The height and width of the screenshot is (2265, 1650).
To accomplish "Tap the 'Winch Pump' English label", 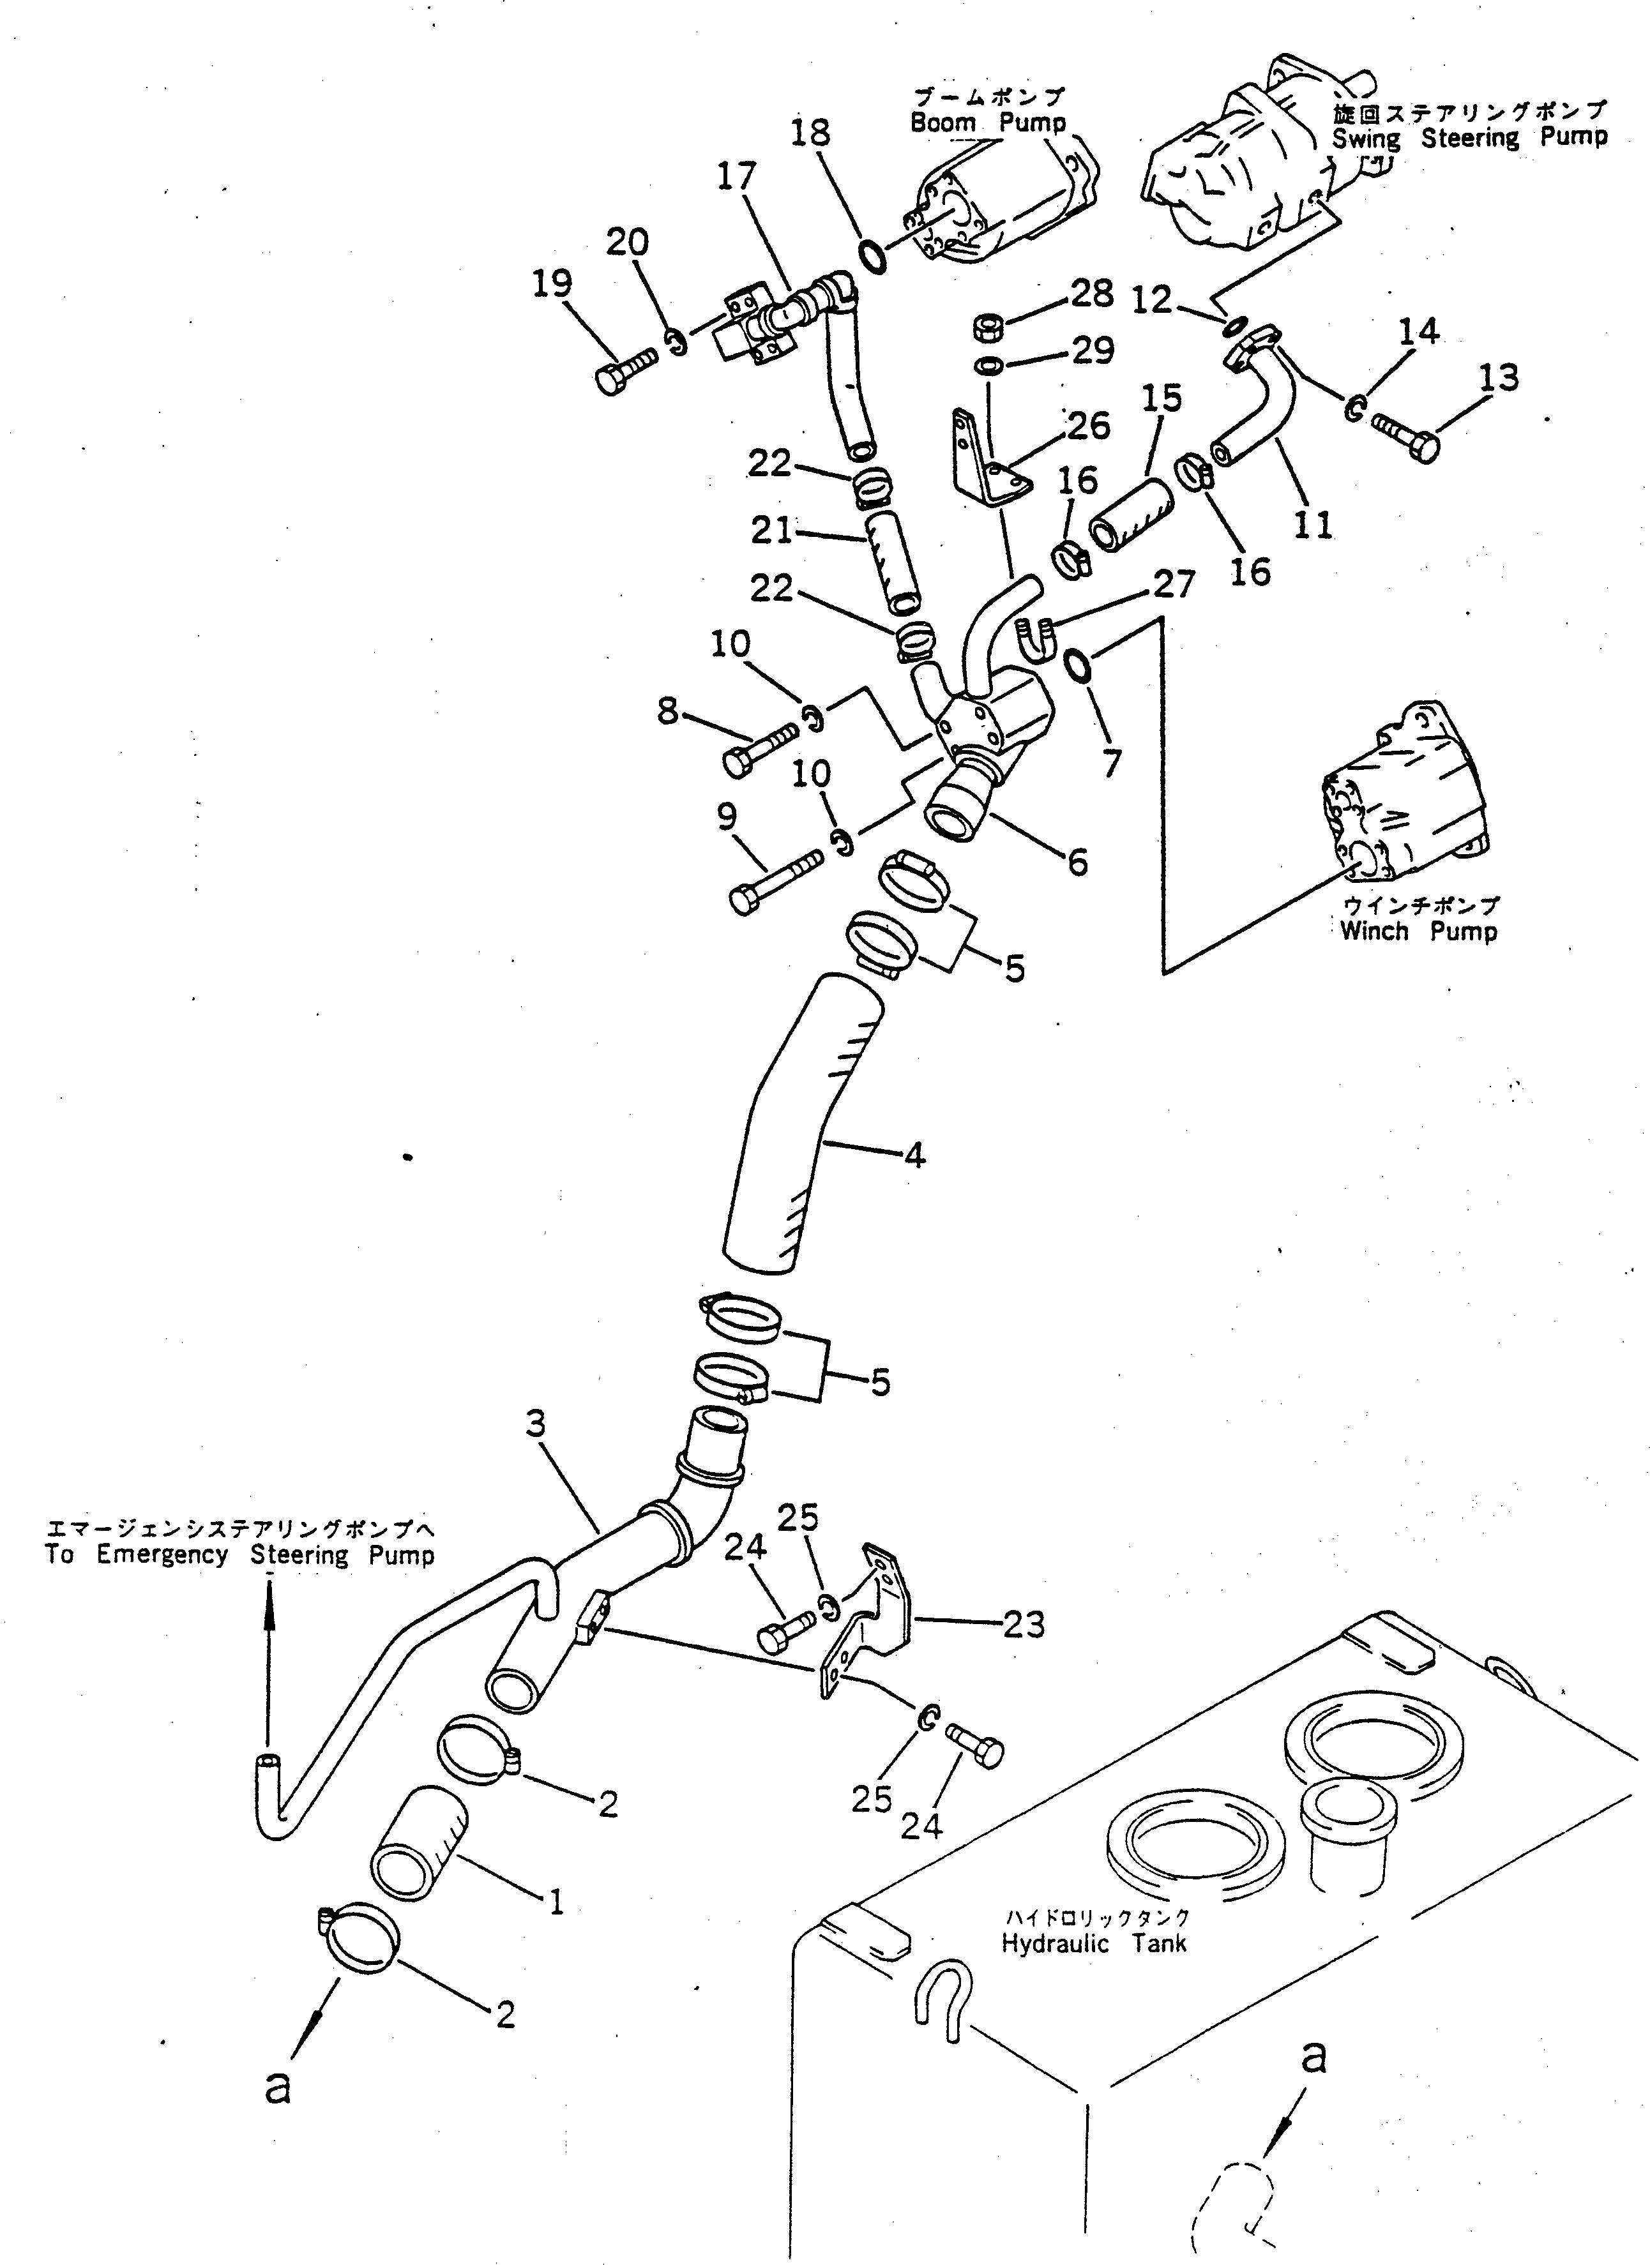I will (1418, 932).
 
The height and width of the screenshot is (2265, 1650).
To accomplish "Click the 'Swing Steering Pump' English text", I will (1469, 138).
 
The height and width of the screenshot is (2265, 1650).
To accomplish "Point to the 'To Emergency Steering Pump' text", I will (239, 1555).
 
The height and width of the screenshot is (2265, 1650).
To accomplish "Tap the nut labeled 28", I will (989, 327).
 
